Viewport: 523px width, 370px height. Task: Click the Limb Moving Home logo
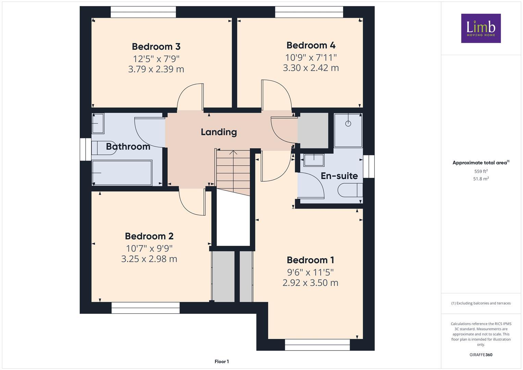click(481, 28)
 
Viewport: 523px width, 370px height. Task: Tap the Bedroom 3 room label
click(156, 47)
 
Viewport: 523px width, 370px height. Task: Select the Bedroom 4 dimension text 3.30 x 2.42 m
click(311, 68)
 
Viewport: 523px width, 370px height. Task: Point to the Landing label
click(219, 132)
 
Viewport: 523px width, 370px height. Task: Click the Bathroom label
click(128, 147)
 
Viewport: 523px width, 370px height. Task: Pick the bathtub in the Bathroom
click(122, 172)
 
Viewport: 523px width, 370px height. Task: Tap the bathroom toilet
click(104, 148)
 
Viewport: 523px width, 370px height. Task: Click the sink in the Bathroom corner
click(98, 124)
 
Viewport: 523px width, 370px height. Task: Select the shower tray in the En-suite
click(348, 130)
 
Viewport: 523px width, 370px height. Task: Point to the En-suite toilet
click(350, 190)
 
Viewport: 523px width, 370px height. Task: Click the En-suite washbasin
click(314, 160)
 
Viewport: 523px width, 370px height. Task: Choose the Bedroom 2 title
click(149, 236)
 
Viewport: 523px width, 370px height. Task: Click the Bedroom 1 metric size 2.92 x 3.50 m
click(310, 283)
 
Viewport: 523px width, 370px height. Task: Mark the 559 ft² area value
click(481, 171)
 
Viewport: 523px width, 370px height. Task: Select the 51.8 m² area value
click(481, 179)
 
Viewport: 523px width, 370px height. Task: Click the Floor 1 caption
click(222, 361)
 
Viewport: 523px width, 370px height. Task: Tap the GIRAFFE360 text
click(481, 355)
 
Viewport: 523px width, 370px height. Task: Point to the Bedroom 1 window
click(317, 345)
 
